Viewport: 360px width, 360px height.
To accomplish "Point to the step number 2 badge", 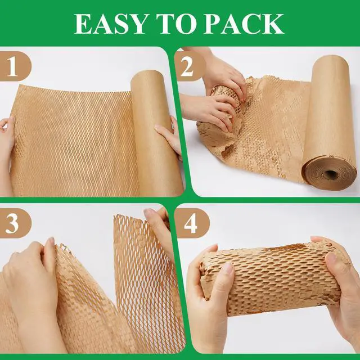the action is click(x=190, y=66).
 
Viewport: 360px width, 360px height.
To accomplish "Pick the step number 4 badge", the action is click(x=192, y=223).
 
